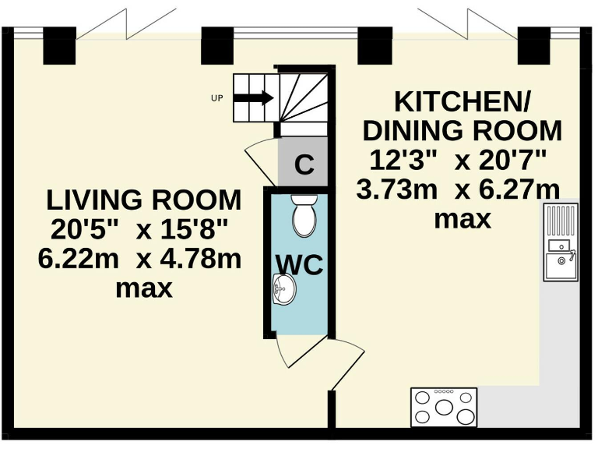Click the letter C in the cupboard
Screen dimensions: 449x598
pyautogui.click(x=305, y=165)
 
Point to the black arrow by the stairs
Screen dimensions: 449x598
pyautogui.click(x=253, y=98)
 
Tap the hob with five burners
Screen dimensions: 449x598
pyautogui.click(x=443, y=406)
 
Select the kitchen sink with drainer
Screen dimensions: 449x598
pyautogui.click(x=561, y=241)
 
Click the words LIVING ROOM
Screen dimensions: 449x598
pyautogui.click(x=143, y=200)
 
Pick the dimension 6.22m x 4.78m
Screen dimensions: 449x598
pyautogui.click(x=140, y=259)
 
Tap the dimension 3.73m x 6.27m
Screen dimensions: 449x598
pyautogui.click(x=458, y=189)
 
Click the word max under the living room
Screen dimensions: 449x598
pyautogui.click(x=143, y=288)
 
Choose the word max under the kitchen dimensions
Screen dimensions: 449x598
pyautogui.click(x=463, y=219)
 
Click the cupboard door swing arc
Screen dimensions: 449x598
pyautogui.click(x=260, y=156)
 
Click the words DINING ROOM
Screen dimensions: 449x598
pyautogui.click(x=463, y=130)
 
